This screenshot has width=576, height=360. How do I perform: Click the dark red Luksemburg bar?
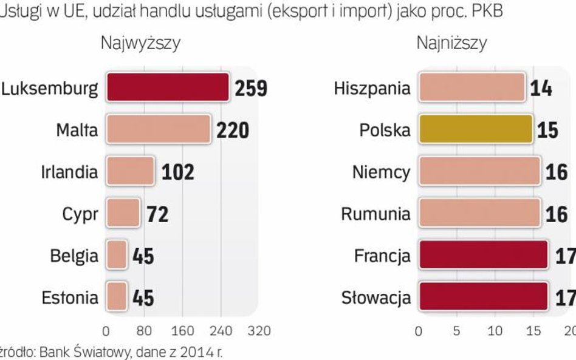tap(168, 88)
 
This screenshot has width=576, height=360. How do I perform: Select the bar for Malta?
tap(159, 129)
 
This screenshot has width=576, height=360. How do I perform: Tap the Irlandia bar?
tap(130, 171)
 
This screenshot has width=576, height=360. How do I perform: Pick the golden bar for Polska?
tap(476, 130)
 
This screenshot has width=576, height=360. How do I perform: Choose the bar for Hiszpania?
tap(471, 88)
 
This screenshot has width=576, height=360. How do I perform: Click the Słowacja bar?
tap(483, 297)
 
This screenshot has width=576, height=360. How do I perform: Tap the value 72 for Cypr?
tap(157, 214)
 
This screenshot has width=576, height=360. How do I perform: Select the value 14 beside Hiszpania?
tap(541, 89)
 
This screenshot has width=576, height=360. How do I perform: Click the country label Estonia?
tap(70, 298)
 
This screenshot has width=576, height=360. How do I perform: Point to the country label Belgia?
tap(74, 256)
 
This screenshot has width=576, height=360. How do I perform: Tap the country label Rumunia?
tap(375, 214)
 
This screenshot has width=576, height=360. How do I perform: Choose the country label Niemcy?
tap(381, 172)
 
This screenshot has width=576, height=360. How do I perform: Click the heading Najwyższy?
tap(140, 43)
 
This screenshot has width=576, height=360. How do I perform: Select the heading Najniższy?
tap(451, 43)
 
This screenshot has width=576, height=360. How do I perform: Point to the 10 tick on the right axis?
tap(495, 331)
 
